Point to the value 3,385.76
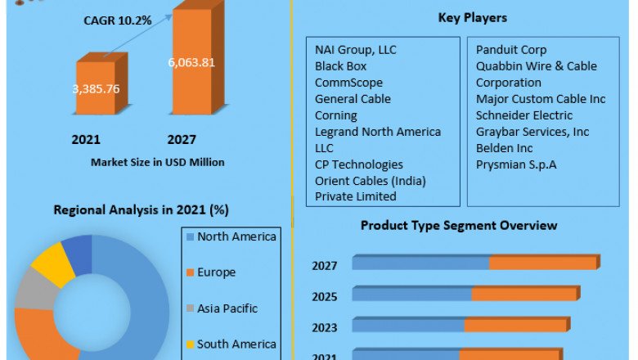pos(97,88)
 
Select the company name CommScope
pos(348,83)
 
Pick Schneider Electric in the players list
pos(524,115)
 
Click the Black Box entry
pos(340,66)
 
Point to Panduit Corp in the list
pos(511,50)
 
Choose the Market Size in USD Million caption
pos(158,162)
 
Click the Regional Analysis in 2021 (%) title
pos(141,209)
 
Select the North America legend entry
pos(236,237)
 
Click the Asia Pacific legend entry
pos(227,308)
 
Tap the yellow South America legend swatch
pos(190,344)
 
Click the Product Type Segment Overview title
pos(459,225)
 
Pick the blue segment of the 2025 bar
pos(411,294)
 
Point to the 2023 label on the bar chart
pos(326,327)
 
